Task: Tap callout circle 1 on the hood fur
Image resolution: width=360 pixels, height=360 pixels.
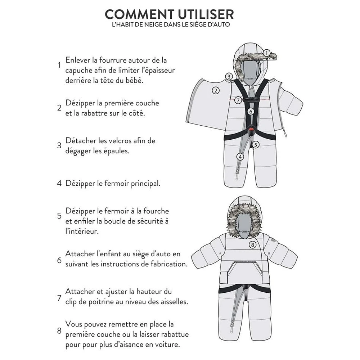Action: [x=266, y=53]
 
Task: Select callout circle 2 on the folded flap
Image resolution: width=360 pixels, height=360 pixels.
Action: [x=216, y=90]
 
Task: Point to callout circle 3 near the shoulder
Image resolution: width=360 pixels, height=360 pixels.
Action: [x=229, y=76]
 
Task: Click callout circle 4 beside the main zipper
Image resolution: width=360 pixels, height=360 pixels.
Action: [x=240, y=157]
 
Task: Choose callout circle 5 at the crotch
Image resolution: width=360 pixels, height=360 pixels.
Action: [x=256, y=145]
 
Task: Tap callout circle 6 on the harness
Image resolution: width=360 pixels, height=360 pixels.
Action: [x=251, y=112]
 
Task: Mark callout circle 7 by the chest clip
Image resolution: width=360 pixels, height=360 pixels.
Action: [x=238, y=100]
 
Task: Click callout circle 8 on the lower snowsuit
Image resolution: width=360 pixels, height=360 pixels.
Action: [x=253, y=245]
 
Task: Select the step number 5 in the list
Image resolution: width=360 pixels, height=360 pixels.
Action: [x=59, y=216]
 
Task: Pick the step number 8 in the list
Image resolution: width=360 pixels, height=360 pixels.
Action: [x=59, y=330]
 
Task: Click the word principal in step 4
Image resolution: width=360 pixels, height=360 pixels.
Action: [x=145, y=184]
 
